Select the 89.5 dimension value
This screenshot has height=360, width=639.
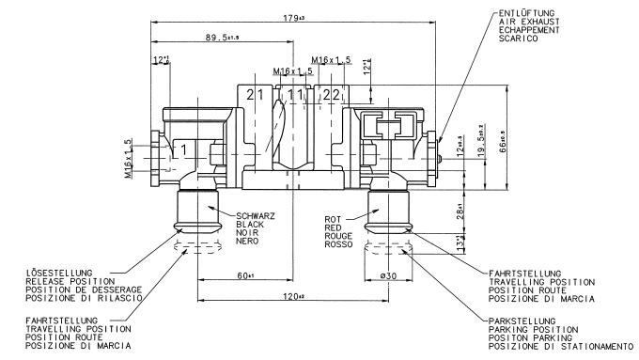click(x=222, y=38)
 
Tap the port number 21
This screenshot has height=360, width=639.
click(x=256, y=95)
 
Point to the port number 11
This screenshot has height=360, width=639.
click(x=295, y=95)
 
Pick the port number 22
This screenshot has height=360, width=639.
click(x=332, y=95)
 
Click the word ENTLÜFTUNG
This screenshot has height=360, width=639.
click(x=526, y=13)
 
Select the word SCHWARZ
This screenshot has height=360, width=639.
click(x=256, y=216)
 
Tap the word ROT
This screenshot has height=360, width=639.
click(x=333, y=219)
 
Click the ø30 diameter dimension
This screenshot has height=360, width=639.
click(x=388, y=276)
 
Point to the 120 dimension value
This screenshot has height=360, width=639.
click(x=293, y=296)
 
